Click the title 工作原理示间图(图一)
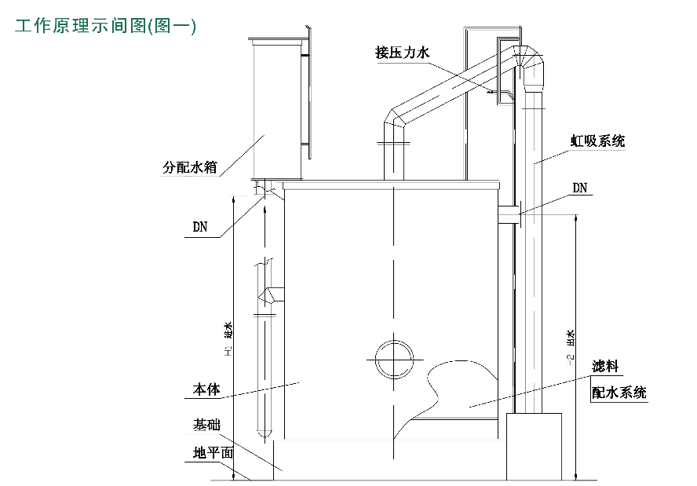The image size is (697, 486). tap(105, 26)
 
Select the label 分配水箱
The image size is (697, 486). tap(189, 166)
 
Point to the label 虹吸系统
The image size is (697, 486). tap(597, 141)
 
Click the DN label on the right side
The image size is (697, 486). tap(580, 188)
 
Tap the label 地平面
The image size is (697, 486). tap(213, 453)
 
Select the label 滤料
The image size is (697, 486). tap(606, 367)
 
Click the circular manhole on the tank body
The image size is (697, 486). tap(393, 359)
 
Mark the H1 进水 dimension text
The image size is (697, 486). tap(228, 341)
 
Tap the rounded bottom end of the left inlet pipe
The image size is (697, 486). tap(265, 432)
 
